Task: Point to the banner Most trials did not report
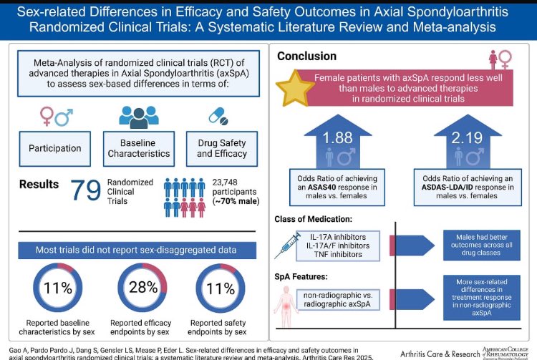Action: [135, 250]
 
